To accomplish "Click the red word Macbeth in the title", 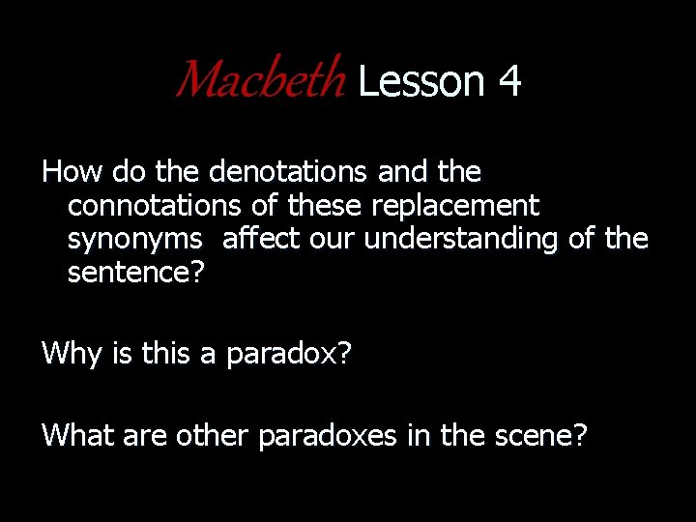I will click(x=259, y=80).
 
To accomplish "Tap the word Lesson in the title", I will click(x=420, y=81).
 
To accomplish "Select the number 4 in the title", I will click(x=510, y=81).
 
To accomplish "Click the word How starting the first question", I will click(x=73, y=172).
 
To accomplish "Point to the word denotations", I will click(x=288, y=172).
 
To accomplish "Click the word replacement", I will click(x=455, y=205).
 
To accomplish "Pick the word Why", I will click(x=72, y=353).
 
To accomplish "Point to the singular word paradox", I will click(x=286, y=354).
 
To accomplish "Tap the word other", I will click(x=213, y=435).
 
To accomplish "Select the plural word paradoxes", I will click(x=327, y=436).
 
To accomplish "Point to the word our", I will click(x=333, y=239).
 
